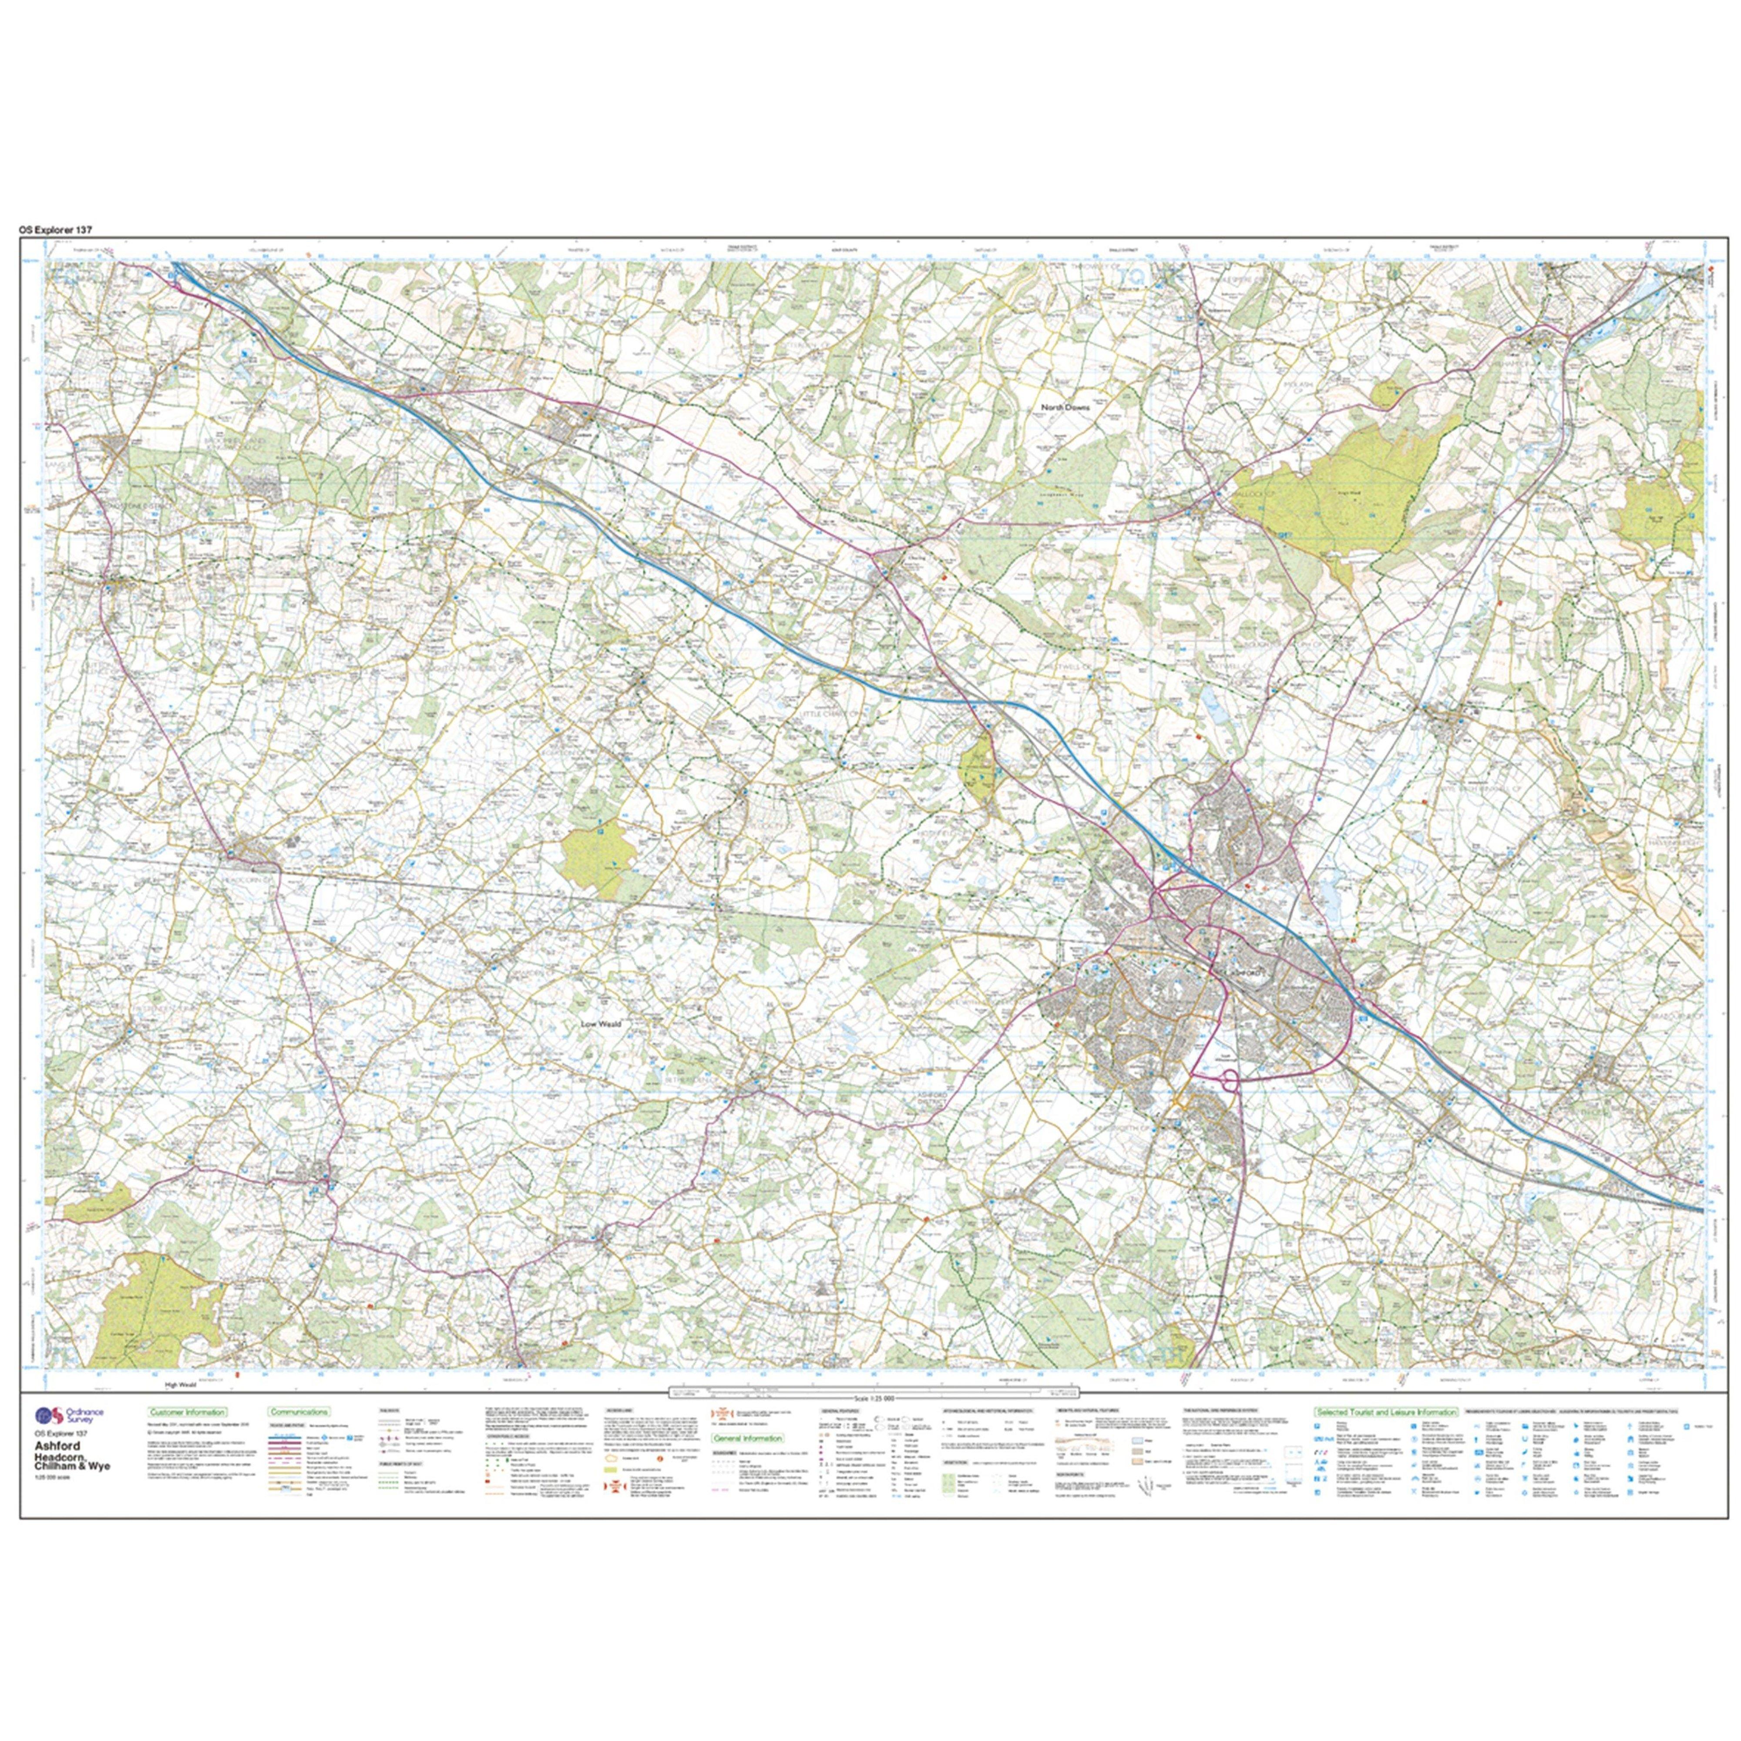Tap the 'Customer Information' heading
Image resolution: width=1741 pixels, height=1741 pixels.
point(188,1412)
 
